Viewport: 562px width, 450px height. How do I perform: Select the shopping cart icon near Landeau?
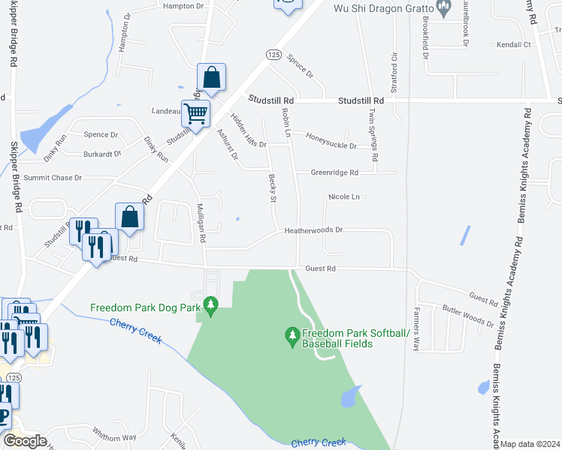(195, 114)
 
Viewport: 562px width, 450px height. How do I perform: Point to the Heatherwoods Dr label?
(313, 231)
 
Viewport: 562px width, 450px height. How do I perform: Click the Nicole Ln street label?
(345, 197)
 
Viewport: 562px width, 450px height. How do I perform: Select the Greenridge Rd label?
(334, 172)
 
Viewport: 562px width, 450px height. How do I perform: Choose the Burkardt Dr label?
(103, 154)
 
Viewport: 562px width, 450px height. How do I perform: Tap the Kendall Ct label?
(513, 45)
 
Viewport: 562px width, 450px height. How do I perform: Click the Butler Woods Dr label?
(467, 316)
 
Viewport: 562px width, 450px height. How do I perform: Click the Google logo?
(25, 441)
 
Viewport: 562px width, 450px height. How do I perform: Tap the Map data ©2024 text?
(530, 444)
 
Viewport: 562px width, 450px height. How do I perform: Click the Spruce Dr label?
(299, 67)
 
